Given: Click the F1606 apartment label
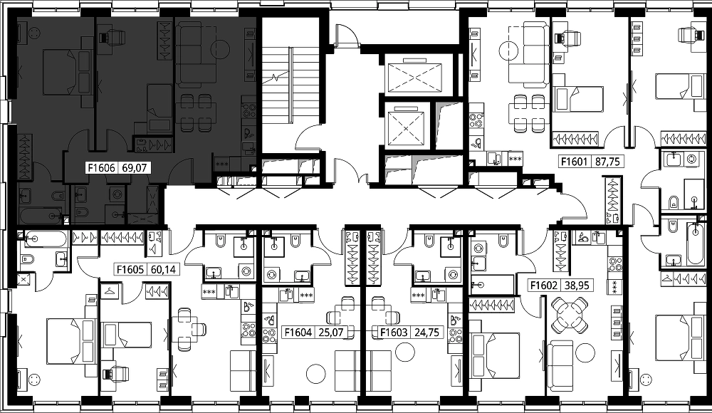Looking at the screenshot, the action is click(103, 168).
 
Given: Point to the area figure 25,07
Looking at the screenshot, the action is click(330, 333).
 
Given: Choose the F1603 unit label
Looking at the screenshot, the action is click(394, 333).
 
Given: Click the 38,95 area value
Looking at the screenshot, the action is click(577, 286).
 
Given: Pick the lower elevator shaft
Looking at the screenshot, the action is click(406, 125).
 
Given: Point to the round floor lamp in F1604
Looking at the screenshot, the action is click(316, 374).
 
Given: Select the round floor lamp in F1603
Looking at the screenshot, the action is click(405, 352).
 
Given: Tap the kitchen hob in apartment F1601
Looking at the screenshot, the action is click(476, 120).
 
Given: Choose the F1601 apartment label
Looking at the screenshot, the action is click(575, 162).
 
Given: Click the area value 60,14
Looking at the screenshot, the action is click(163, 270).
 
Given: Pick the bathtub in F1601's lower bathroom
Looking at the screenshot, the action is click(696, 244).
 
